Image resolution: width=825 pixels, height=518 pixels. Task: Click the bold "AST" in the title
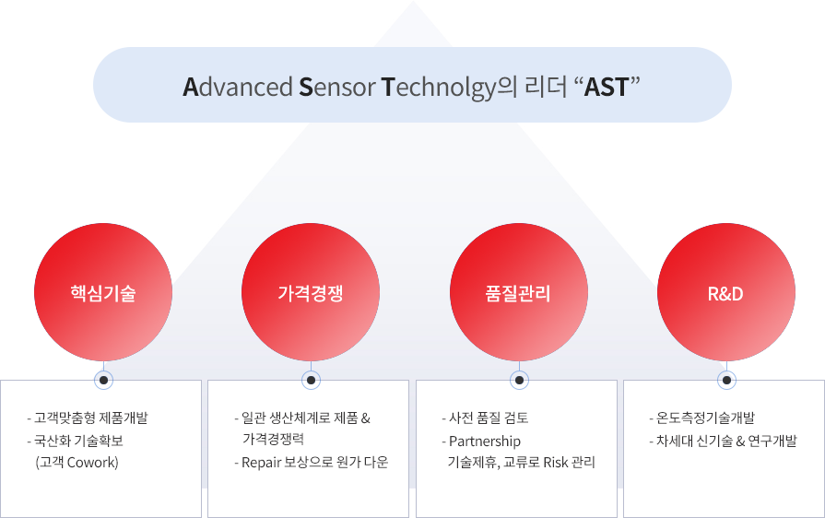[x=607, y=88]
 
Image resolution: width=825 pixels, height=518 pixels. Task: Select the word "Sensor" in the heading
[x=337, y=88]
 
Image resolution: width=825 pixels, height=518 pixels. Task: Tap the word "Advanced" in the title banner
[x=238, y=88]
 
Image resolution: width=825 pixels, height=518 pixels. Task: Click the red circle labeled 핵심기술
[x=103, y=292]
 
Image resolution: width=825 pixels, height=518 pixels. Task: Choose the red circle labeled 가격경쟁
[x=311, y=292]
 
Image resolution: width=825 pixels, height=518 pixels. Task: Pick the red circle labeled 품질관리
[x=519, y=292]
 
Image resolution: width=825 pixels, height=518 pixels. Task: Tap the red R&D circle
[x=726, y=292]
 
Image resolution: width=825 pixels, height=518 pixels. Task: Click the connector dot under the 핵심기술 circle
[x=103, y=381]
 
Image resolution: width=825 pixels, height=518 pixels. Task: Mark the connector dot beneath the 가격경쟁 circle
[x=311, y=381]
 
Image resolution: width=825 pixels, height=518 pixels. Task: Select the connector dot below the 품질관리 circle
[x=519, y=381]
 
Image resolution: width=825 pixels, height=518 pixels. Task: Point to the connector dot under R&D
[x=726, y=381]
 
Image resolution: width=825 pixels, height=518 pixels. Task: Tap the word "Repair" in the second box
[x=261, y=463]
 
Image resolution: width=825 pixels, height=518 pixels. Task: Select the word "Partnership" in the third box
[x=485, y=441]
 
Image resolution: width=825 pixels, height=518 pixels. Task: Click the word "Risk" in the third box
[x=556, y=463]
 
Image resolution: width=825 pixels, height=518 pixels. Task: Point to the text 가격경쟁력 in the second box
[x=273, y=439]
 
